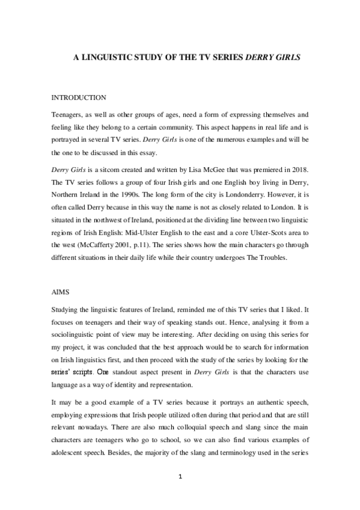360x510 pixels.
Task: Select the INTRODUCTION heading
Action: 79,97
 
